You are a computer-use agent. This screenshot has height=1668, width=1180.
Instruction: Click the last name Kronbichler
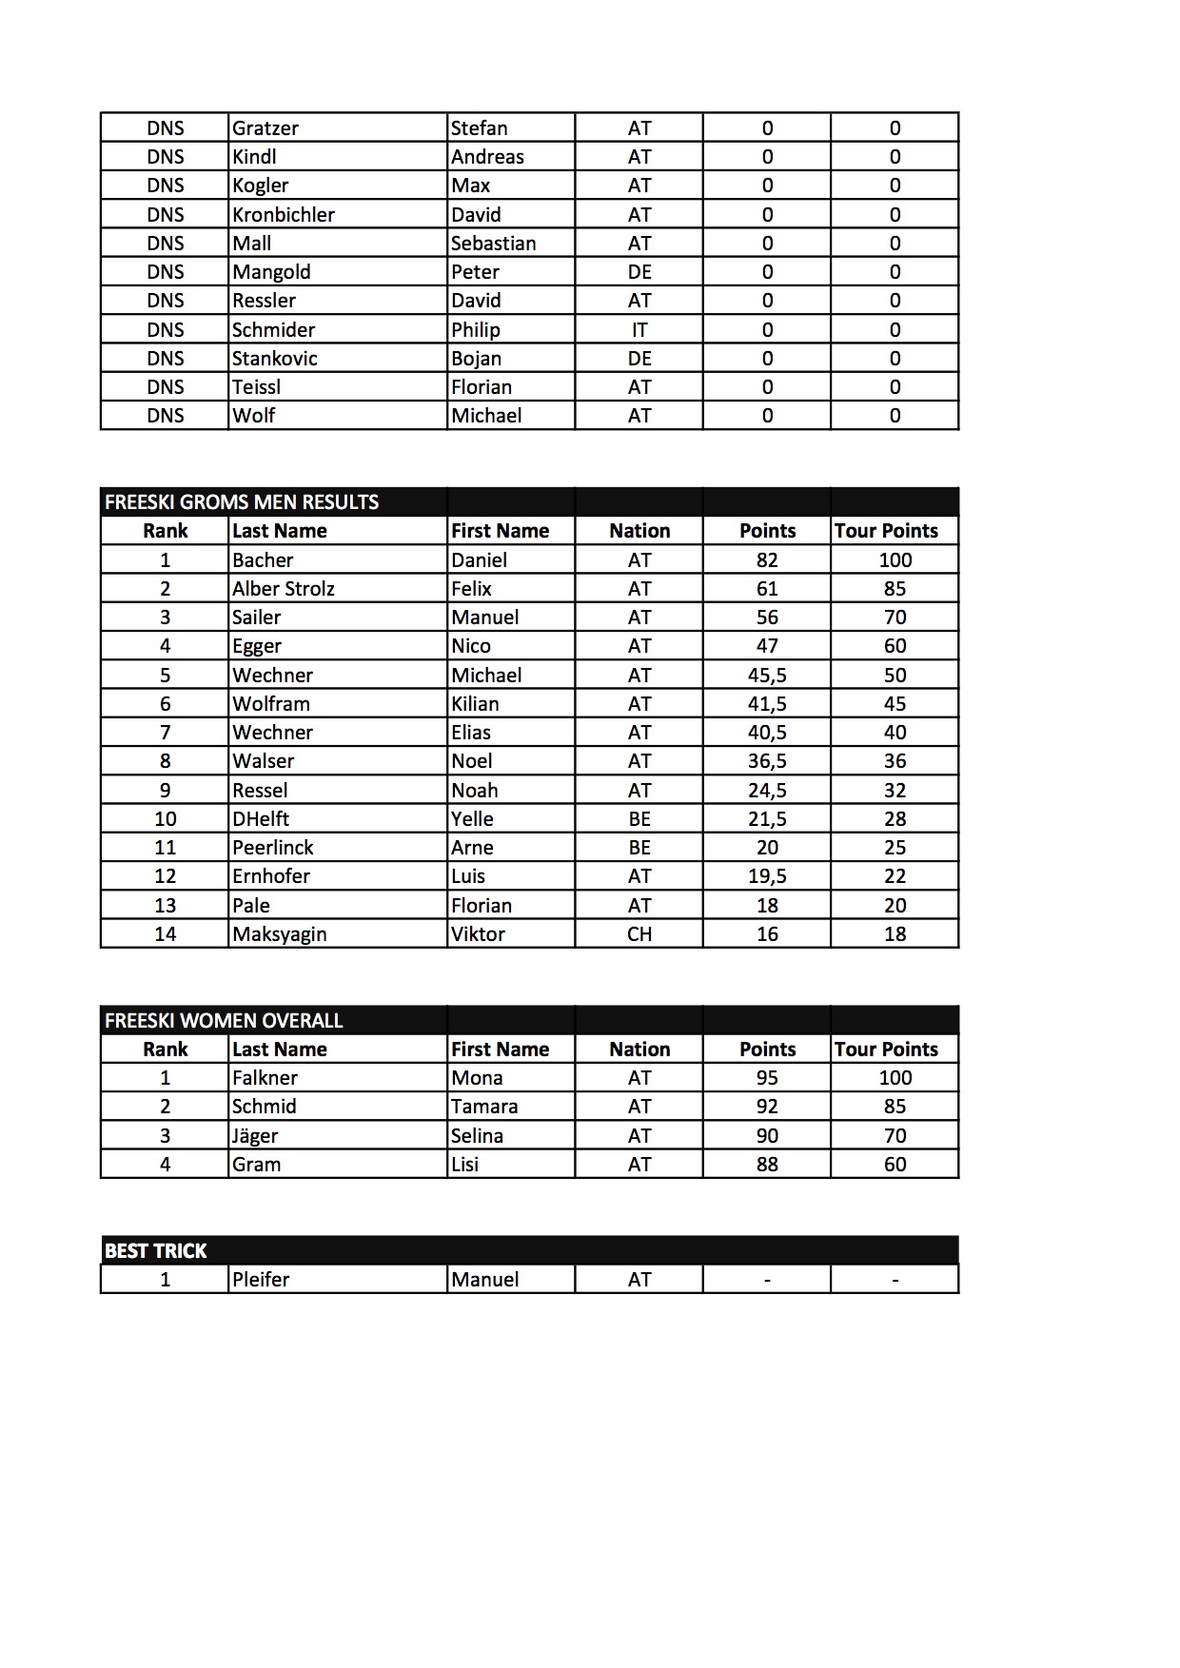pyautogui.click(x=284, y=215)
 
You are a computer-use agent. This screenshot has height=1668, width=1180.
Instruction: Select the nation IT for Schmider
pyautogui.click(x=639, y=330)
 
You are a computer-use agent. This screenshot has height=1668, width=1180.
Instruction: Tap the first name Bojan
pyautogui.click(x=476, y=359)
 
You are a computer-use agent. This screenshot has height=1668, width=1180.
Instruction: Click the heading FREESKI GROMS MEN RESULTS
pyautogui.click(x=242, y=502)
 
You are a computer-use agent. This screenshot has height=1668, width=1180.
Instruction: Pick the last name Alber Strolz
pyautogui.click(x=284, y=589)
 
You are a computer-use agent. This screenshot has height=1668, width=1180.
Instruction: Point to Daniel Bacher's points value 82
pyautogui.click(x=767, y=560)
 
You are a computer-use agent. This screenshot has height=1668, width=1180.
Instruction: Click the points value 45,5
pyautogui.click(x=767, y=676)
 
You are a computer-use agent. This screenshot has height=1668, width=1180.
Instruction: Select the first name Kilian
pyautogui.click(x=475, y=704)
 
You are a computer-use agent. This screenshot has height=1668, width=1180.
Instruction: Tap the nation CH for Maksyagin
pyautogui.click(x=639, y=934)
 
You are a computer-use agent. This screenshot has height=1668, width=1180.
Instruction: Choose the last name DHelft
pyautogui.click(x=261, y=819)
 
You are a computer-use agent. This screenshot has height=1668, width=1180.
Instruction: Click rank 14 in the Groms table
pyautogui.click(x=166, y=934)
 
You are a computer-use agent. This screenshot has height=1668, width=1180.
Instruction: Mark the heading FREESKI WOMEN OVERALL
pyautogui.click(x=224, y=1021)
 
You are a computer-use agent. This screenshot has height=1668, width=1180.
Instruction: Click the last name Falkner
pyautogui.click(x=265, y=1078)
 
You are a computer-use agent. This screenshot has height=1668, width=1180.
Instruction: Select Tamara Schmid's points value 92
pyautogui.click(x=767, y=1107)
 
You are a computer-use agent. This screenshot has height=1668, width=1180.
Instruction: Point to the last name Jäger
pyautogui.click(x=255, y=1136)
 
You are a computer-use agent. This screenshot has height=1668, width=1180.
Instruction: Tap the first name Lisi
pyautogui.click(x=465, y=1165)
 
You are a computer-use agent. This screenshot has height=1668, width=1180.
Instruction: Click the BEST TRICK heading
pyautogui.click(x=156, y=1251)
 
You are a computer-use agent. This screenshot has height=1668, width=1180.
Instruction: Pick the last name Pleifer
pyautogui.click(x=261, y=1280)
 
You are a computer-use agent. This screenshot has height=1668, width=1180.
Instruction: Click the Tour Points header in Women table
pyautogui.click(x=886, y=1050)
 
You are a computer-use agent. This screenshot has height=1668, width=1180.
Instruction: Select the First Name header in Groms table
pyautogui.click(x=500, y=531)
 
